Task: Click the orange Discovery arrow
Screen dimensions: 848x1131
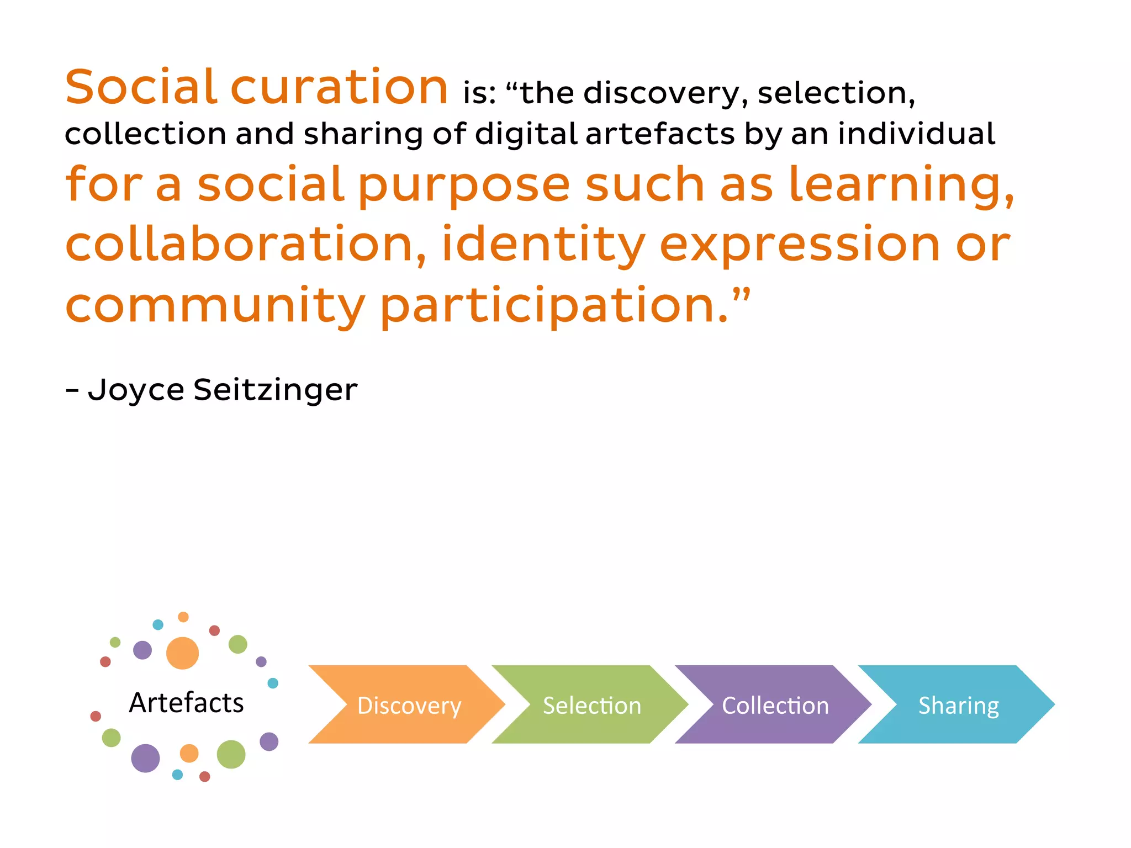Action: coord(409,705)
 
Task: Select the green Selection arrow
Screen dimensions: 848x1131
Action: coord(591,705)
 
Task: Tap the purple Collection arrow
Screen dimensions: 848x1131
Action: coord(775,705)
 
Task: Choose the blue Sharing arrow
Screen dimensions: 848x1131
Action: coord(958,705)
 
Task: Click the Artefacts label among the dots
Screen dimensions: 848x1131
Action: coord(186,703)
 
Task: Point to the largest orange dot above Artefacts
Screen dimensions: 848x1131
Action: coord(182,653)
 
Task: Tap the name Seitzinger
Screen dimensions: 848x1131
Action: coord(275,390)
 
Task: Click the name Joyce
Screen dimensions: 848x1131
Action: coord(136,390)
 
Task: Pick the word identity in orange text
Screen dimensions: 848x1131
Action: coord(543,244)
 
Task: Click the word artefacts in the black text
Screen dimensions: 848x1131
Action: coord(660,134)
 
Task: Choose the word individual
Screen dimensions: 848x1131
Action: coord(917,134)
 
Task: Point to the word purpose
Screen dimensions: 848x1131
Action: coord(464,185)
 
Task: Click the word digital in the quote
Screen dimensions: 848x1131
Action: coord(525,134)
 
